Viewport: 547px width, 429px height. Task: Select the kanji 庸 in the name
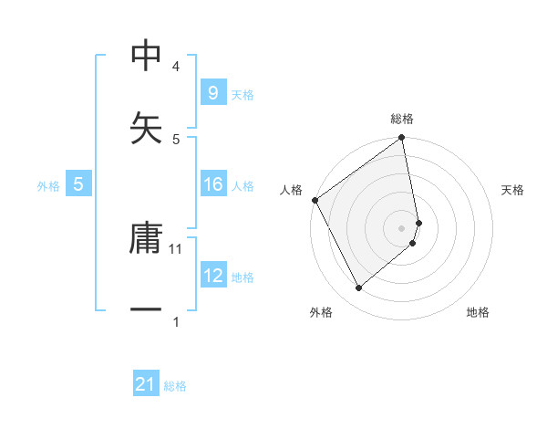click(146, 239)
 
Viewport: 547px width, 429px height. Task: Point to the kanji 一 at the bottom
click(146, 310)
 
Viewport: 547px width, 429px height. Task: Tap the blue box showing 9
click(212, 93)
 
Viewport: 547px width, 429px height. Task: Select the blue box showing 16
click(212, 184)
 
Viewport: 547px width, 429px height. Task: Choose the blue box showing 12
click(212, 275)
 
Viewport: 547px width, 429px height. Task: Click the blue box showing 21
click(146, 385)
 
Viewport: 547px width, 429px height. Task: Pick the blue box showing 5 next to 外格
click(78, 184)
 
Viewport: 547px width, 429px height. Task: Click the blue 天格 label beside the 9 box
click(243, 95)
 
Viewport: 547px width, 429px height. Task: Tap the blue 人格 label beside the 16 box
click(243, 185)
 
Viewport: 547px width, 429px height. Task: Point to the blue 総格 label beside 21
click(175, 386)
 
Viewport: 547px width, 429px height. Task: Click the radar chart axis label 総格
click(402, 120)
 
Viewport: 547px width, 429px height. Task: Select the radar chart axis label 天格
click(512, 190)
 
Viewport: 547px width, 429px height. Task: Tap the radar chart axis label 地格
click(478, 312)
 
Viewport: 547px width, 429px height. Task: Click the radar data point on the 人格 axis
click(315, 200)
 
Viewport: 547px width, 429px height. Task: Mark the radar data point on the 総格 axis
click(401, 140)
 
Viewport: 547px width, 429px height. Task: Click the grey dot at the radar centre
click(402, 227)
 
